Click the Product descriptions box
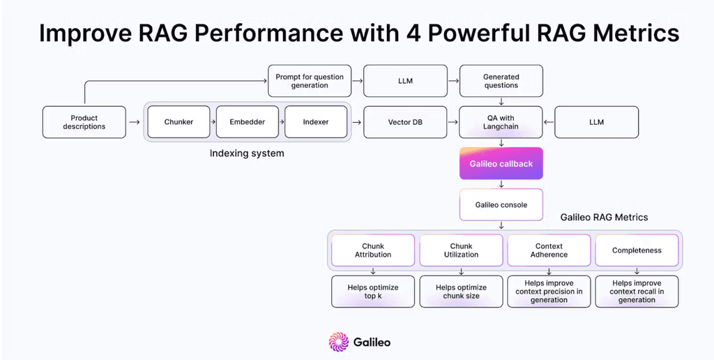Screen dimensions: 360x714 click(x=84, y=122)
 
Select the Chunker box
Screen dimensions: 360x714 click(x=178, y=122)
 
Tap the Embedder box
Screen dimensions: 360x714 click(x=248, y=122)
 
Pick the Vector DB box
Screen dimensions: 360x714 click(x=405, y=122)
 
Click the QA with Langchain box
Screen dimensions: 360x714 click(x=501, y=122)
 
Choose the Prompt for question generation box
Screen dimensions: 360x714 click(x=310, y=81)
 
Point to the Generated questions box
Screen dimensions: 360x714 click(x=501, y=81)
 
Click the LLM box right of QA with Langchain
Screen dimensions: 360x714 click(x=596, y=122)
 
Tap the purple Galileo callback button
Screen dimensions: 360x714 click(x=501, y=164)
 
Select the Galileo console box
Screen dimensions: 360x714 click(x=501, y=204)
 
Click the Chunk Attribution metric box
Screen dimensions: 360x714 click(x=373, y=250)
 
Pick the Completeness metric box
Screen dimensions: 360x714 click(x=637, y=250)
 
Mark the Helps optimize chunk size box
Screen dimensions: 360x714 click(x=461, y=292)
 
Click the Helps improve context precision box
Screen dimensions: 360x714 click(x=549, y=292)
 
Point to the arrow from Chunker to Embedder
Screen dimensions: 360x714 click(x=213, y=122)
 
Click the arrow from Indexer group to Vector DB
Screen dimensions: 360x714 click(x=357, y=122)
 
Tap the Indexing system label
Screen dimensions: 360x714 click(x=247, y=153)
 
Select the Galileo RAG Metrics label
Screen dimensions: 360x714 click(x=604, y=218)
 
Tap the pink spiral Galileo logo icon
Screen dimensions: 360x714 click(x=338, y=342)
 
